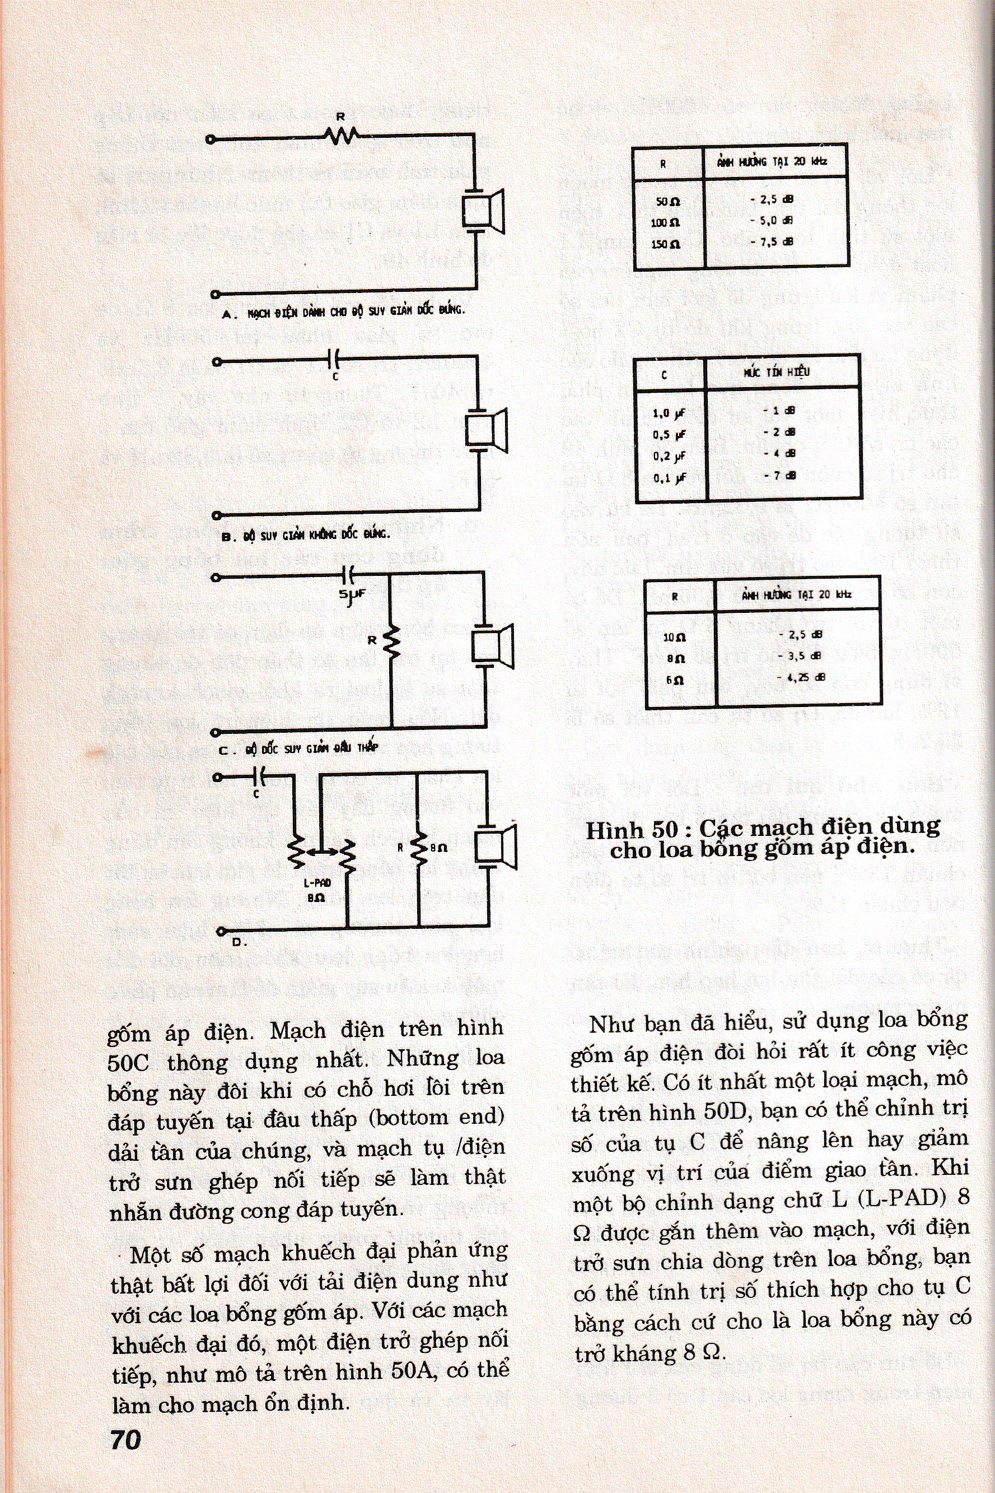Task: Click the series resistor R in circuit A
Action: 341,134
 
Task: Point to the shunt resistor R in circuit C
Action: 392,643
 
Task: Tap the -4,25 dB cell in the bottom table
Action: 801,677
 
